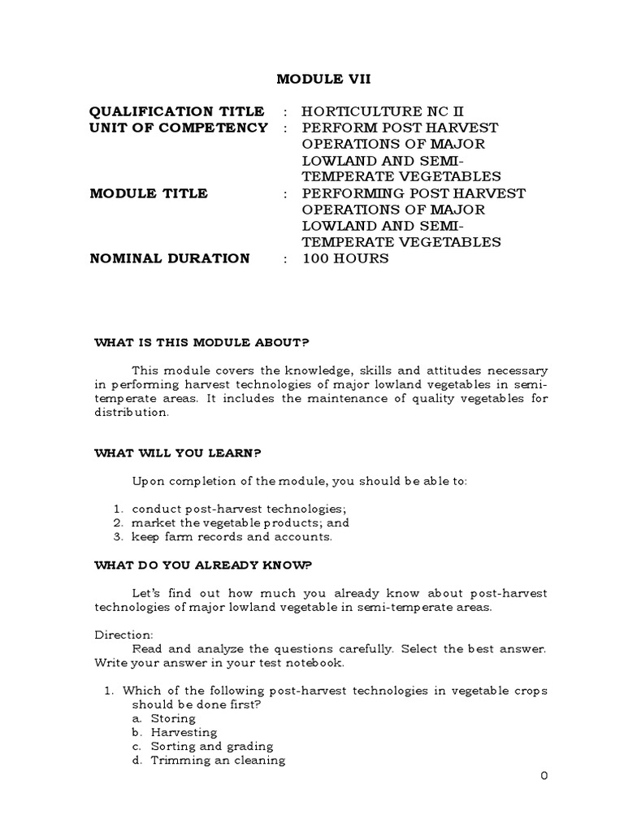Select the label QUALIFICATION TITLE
click(176, 111)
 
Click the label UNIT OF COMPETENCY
click(178, 128)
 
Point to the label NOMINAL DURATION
click(170, 258)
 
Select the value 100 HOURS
click(345, 258)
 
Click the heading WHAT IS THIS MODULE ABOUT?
click(203, 343)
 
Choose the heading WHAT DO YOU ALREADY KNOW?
click(204, 565)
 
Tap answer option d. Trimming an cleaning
click(209, 760)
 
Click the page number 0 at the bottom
click(545, 775)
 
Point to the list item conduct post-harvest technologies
click(221, 509)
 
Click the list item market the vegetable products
click(231, 522)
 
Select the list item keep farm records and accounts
click(223, 536)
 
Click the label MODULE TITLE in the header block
click(149, 193)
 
